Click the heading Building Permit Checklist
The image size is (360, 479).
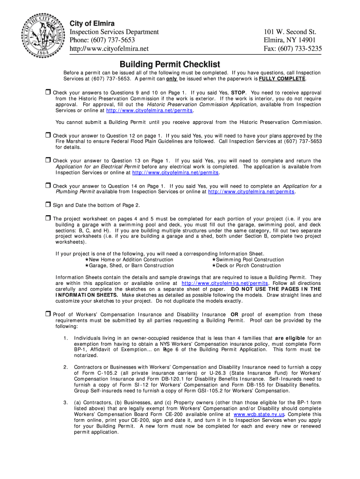[170, 64]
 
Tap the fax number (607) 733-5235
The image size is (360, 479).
[293, 49]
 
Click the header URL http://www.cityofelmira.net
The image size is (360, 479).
[109, 49]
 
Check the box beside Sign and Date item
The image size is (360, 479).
[48, 204]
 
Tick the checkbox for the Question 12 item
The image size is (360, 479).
[48, 135]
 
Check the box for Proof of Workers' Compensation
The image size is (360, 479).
[48, 314]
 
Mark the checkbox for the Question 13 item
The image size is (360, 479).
[48, 160]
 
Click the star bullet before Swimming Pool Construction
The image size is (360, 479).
[213, 260]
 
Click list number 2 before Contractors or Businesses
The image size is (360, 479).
[65, 367]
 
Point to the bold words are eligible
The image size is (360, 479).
[290, 338]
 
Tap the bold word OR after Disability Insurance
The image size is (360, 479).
[235, 315]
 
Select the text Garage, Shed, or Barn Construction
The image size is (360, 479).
[131, 266]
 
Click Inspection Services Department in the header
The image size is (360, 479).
[114, 32]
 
